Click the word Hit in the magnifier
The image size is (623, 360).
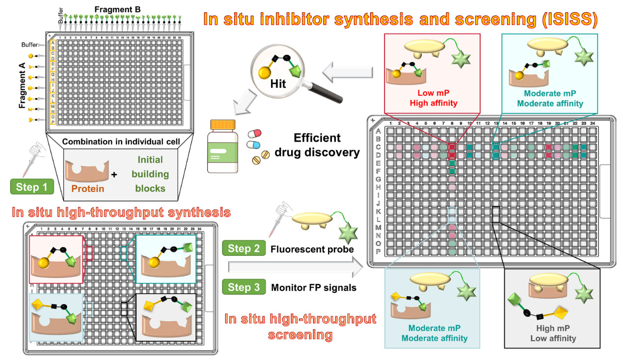pyautogui.click(x=277, y=84)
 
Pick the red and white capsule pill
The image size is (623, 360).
pyautogui.click(x=256, y=134)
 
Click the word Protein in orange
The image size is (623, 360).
pyautogui.click(x=87, y=187)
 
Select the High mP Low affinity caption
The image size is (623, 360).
pyautogui.click(x=552, y=333)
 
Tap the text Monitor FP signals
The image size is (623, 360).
pyautogui.click(x=314, y=288)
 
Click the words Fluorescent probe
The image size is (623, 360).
pyautogui.click(x=312, y=249)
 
